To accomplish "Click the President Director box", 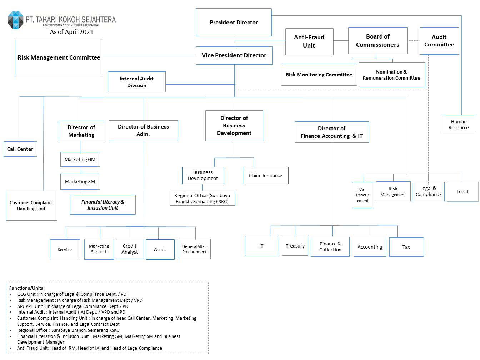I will point(234,22).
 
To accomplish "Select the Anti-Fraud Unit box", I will point(309,41).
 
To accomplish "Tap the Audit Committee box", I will point(439,41).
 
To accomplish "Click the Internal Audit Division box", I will point(136,82).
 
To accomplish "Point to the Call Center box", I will point(20,149).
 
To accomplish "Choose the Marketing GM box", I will point(80,159).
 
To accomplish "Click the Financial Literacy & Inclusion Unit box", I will point(102,205).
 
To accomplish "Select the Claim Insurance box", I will point(265,175).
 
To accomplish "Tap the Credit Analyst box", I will point(130,249).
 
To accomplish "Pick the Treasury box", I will point(295,246).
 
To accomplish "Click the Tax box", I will point(406,247).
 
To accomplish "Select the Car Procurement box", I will point(362,195).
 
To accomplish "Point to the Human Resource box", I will point(459,125).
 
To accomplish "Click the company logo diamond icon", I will point(16,20).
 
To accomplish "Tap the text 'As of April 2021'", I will point(72,32).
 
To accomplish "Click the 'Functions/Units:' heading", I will point(27,288).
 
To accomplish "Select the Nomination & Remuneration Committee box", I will point(391,75).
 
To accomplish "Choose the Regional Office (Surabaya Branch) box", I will point(202,199).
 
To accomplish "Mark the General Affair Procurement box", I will point(194,249).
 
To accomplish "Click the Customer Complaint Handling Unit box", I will point(31,206).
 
